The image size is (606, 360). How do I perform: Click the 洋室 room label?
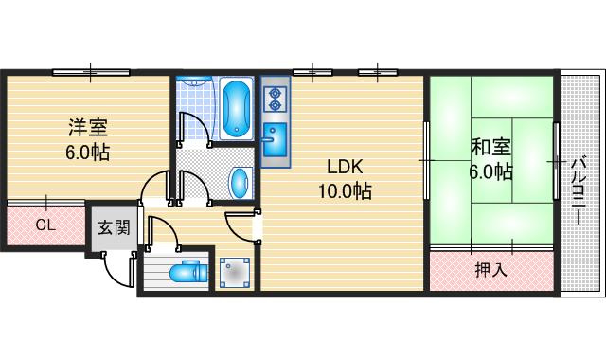pyautogui.click(x=88, y=128)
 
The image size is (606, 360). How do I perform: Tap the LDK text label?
pyautogui.click(x=345, y=167)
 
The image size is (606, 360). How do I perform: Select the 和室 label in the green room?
pyautogui.click(x=490, y=147)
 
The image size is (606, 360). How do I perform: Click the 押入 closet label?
pyautogui.click(x=490, y=269)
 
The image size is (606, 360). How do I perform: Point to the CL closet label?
pyautogui.click(x=46, y=225)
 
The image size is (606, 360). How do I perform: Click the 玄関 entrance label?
pyautogui.click(x=114, y=227)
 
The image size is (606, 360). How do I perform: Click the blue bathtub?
pyautogui.click(x=236, y=108)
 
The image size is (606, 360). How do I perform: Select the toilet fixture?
pyautogui.click(x=188, y=272)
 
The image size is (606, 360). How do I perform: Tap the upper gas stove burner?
pyautogui.click(x=275, y=93)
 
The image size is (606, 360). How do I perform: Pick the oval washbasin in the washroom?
pyautogui.click(x=240, y=183)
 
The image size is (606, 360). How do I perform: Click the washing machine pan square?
pyautogui.click(x=235, y=274)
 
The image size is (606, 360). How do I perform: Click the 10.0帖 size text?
pyautogui.click(x=345, y=190)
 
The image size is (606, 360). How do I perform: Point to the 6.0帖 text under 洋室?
pyautogui.click(x=88, y=152)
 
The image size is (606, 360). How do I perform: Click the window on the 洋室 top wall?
pyautogui.click(x=91, y=72)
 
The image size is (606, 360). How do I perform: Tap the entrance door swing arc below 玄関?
pyautogui.click(x=116, y=276)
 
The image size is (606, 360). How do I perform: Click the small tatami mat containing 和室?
pyautogui.click(x=491, y=160)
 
